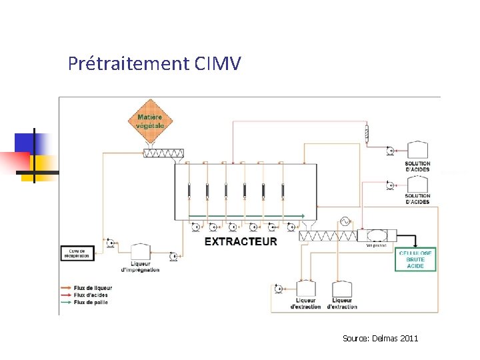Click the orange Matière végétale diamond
point(150,121)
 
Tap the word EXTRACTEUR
point(241,241)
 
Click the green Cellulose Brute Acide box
point(415,259)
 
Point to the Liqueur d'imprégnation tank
point(140,252)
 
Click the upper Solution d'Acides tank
point(417,151)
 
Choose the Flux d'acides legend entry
point(91,295)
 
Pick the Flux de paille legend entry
point(90,302)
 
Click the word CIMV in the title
point(219,64)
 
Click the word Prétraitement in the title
point(129,64)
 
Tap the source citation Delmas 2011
point(381,339)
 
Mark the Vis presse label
point(377,245)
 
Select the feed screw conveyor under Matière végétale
point(163,153)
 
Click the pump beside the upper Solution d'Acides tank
point(389,151)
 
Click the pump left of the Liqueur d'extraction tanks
point(279,289)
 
